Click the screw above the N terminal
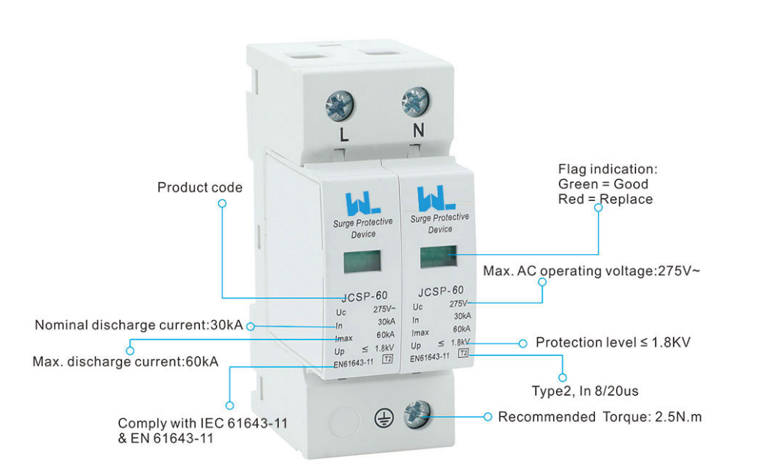point(414,101)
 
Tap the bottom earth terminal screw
point(417,414)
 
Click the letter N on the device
point(418,130)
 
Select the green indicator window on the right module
point(438,256)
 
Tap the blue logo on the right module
point(432,197)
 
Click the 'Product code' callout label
point(199,187)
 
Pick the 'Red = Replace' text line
point(605,199)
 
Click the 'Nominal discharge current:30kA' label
point(139,325)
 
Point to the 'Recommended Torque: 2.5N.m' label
point(599,417)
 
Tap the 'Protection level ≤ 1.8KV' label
point(612,343)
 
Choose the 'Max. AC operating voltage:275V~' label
point(591,271)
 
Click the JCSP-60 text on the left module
point(364,297)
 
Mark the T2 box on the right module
point(463,352)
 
